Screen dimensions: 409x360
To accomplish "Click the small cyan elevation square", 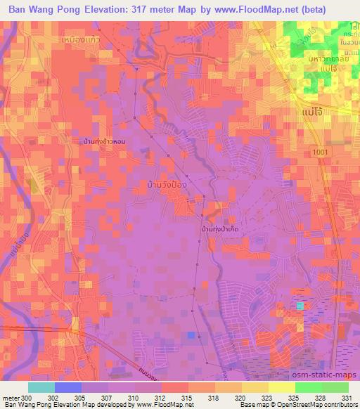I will tap(300, 306).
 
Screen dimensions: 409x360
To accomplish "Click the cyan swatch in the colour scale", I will tap(41, 387).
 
